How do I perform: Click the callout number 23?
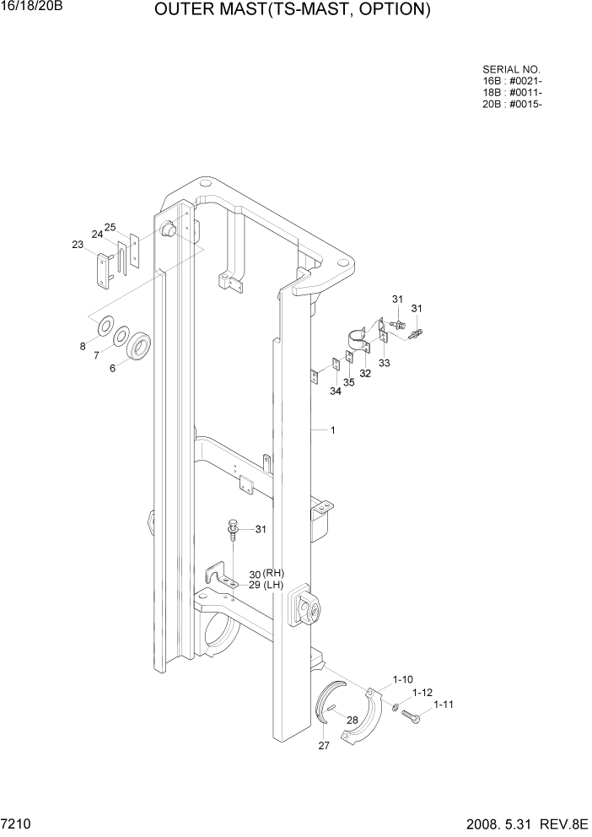[x=78, y=246]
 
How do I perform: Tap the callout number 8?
[x=83, y=346]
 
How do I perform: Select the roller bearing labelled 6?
[x=139, y=346]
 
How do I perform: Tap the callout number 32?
[x=365, y=372]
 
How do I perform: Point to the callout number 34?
[x=336, y=391]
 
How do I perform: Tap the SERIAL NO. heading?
[x=511, y=70]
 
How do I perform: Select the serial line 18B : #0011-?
[x=512, y=93]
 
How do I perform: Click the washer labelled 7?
[x=121, y=335]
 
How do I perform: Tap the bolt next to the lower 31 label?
[x=229, y=529]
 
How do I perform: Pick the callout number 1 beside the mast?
[x=333, y=430]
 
